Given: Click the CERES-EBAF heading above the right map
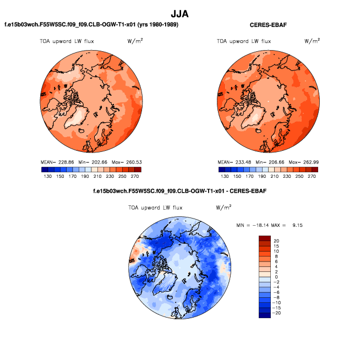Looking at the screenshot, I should tap(268, 25).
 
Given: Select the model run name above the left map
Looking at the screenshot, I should tap(91, 25).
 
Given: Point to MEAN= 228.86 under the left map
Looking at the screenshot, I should tap(57, 162).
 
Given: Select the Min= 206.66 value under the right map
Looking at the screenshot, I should tap(270, 162).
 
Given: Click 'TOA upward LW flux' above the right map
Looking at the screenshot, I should tap(244, 41).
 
